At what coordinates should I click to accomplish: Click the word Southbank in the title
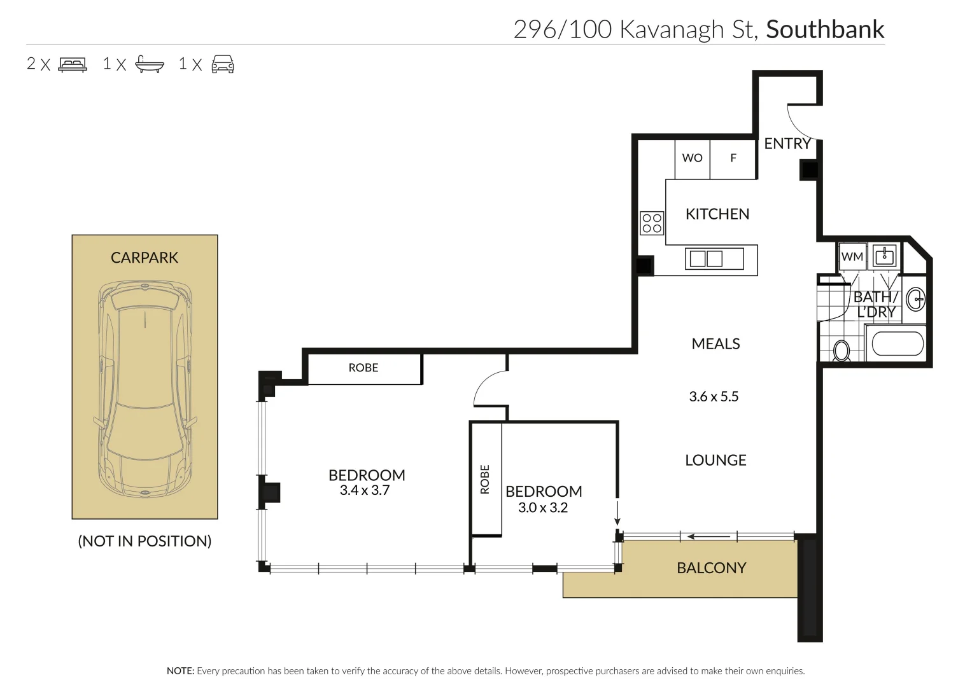(825, 30)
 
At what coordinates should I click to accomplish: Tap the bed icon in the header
(73, 64)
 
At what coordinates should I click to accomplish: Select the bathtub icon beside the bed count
(150, 64)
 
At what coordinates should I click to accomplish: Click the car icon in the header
(223, 64)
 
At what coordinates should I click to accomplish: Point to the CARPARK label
(144, 258)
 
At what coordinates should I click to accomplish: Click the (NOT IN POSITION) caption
(144, 541)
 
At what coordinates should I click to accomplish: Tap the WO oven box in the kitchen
(692, 158)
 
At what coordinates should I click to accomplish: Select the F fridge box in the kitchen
(733, 158)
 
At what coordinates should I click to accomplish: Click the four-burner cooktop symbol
(652, 223)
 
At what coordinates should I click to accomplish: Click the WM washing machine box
(852, 256)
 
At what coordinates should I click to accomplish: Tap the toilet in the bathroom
(842, 350)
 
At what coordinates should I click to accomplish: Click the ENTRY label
(787, 144)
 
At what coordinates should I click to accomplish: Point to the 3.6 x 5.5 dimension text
(714, 397)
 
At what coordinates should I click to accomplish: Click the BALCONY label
(711, 568)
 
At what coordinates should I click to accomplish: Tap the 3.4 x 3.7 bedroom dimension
(365, 490)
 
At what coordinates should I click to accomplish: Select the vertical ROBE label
(485, 479)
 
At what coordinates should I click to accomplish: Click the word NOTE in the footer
(180, 671)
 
